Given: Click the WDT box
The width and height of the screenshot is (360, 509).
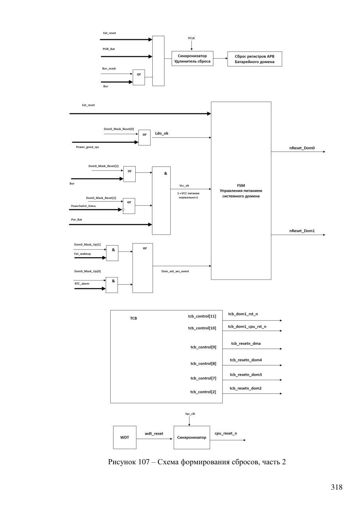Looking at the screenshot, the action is click(x=125, y=437).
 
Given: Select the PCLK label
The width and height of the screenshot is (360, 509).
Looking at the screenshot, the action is click(x=191, y=38).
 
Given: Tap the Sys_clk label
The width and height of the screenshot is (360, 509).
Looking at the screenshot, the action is click(x=190, y=414).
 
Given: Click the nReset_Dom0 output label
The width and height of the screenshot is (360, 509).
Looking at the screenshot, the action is click(x=302, y=148).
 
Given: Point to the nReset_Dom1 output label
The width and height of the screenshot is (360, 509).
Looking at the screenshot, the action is click(x=302, y=231).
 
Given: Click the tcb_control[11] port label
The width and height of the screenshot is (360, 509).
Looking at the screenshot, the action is click(x=202, y=316).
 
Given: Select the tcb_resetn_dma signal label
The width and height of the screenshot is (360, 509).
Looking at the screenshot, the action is click(x=246, y=343).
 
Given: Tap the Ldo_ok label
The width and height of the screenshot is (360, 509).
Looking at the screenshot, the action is click(x=161, y=133).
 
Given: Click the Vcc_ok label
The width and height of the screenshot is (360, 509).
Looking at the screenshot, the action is click(x=184, y=185).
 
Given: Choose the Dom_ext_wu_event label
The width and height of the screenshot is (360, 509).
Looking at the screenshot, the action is click(x=175, y=271).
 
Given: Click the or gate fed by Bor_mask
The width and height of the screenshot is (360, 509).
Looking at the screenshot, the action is click(x=138, y=78).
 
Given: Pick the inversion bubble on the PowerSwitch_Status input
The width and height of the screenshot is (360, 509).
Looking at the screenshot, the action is click(x=123, y=210).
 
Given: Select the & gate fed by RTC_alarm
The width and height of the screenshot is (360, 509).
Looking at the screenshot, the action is click(x=112, y=285).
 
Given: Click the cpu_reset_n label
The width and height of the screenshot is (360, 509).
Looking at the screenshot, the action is click(x=225, y=433).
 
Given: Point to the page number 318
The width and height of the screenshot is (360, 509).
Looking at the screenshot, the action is click(x=336, y=487).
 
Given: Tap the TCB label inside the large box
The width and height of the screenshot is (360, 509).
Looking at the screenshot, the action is click(x=133, y=318).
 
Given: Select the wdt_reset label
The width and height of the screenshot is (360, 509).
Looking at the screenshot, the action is click(x=154, y=433).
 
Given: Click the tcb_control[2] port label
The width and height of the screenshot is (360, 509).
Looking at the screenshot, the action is click(x=203, y=392).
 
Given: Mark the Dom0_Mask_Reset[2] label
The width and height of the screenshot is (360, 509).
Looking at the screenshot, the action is click(x=103, y=166).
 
